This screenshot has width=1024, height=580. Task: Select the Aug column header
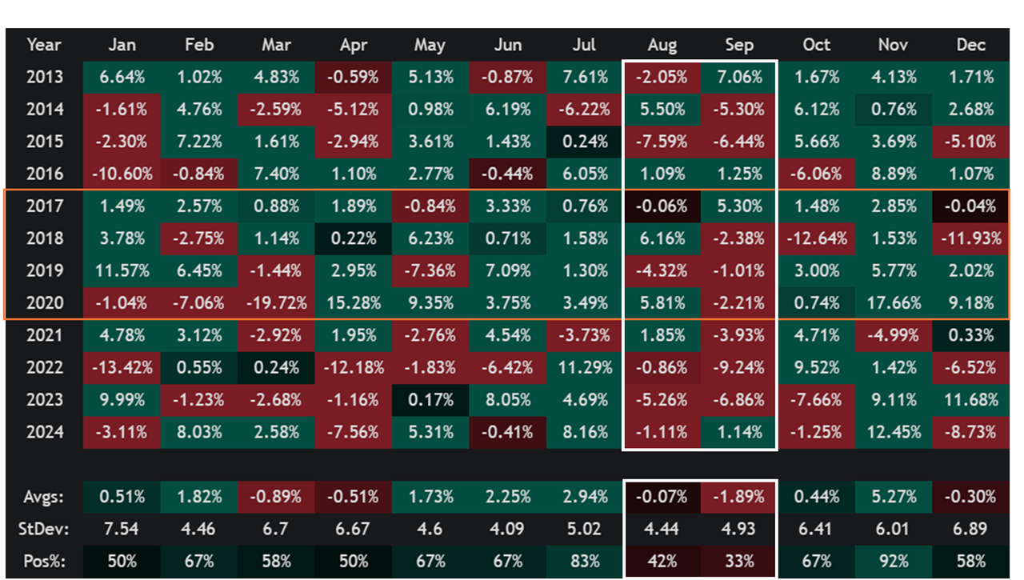[661, 45]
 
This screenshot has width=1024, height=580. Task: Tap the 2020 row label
[44, 303]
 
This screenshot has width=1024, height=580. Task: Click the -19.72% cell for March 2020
[276, 303]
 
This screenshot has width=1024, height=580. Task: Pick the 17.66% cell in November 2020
[893, 303]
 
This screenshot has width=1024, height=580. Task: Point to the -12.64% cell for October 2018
[816, 238]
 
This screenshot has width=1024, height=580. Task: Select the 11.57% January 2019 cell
[122, 270]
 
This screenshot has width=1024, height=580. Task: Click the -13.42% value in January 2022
[122, 368]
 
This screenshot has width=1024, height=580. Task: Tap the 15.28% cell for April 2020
[353, 303]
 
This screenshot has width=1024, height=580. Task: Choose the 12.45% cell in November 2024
[893, 432]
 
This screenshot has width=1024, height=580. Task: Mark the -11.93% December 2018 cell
[970, 238]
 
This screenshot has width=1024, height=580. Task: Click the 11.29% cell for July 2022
[584, 368]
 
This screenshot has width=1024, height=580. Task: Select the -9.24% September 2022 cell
[738, 368]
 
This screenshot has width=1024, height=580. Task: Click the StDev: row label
[44, 528]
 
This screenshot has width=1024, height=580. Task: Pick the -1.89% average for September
[738, 497]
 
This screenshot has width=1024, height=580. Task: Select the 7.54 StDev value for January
[122, 528]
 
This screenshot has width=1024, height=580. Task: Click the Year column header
[44, 45]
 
